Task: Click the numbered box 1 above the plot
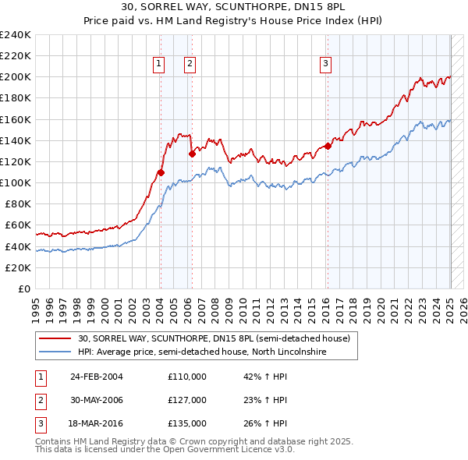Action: coord(159,64)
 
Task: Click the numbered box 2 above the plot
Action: coord(190,64)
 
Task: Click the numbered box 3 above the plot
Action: coord(325,64)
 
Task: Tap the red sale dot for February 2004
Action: coord(161,172)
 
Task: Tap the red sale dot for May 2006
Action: coord(192,154)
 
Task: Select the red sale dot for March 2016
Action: coord(328,146)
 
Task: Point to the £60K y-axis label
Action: coord(18,225)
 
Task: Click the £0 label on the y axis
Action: coord(24,288)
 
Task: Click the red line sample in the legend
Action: coord(55,339)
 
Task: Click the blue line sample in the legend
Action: coord(55,352)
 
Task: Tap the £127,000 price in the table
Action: coord(187,400)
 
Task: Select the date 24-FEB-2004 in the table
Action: coord(97,376)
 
